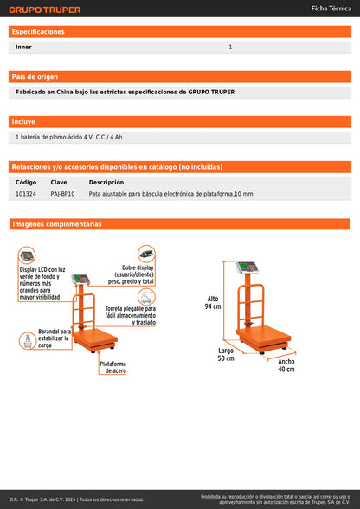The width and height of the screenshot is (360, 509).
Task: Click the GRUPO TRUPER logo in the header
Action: pos(45,10)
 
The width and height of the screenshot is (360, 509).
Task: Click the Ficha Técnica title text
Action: pos(331,8)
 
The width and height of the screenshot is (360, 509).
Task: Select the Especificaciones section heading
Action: pos(38,31)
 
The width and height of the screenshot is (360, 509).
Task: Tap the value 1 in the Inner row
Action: pos(230,47)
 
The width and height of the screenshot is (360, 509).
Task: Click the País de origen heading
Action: pos(35,76)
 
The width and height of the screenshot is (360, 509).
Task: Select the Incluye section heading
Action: pos(24,121)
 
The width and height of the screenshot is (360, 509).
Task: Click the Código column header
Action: pos(26,183)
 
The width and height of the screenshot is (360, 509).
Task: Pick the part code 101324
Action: pos(26,194)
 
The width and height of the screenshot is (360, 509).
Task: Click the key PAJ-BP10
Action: pos(62,194)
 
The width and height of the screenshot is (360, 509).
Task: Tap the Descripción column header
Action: pos(106,183)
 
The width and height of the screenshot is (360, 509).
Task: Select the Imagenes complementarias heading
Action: pos(57,224)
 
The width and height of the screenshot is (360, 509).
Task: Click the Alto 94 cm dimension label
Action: pos(213,302)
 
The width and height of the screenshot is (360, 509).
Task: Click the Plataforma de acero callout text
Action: pos(113,367)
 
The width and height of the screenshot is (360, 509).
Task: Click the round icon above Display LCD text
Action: pos(28,255)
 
